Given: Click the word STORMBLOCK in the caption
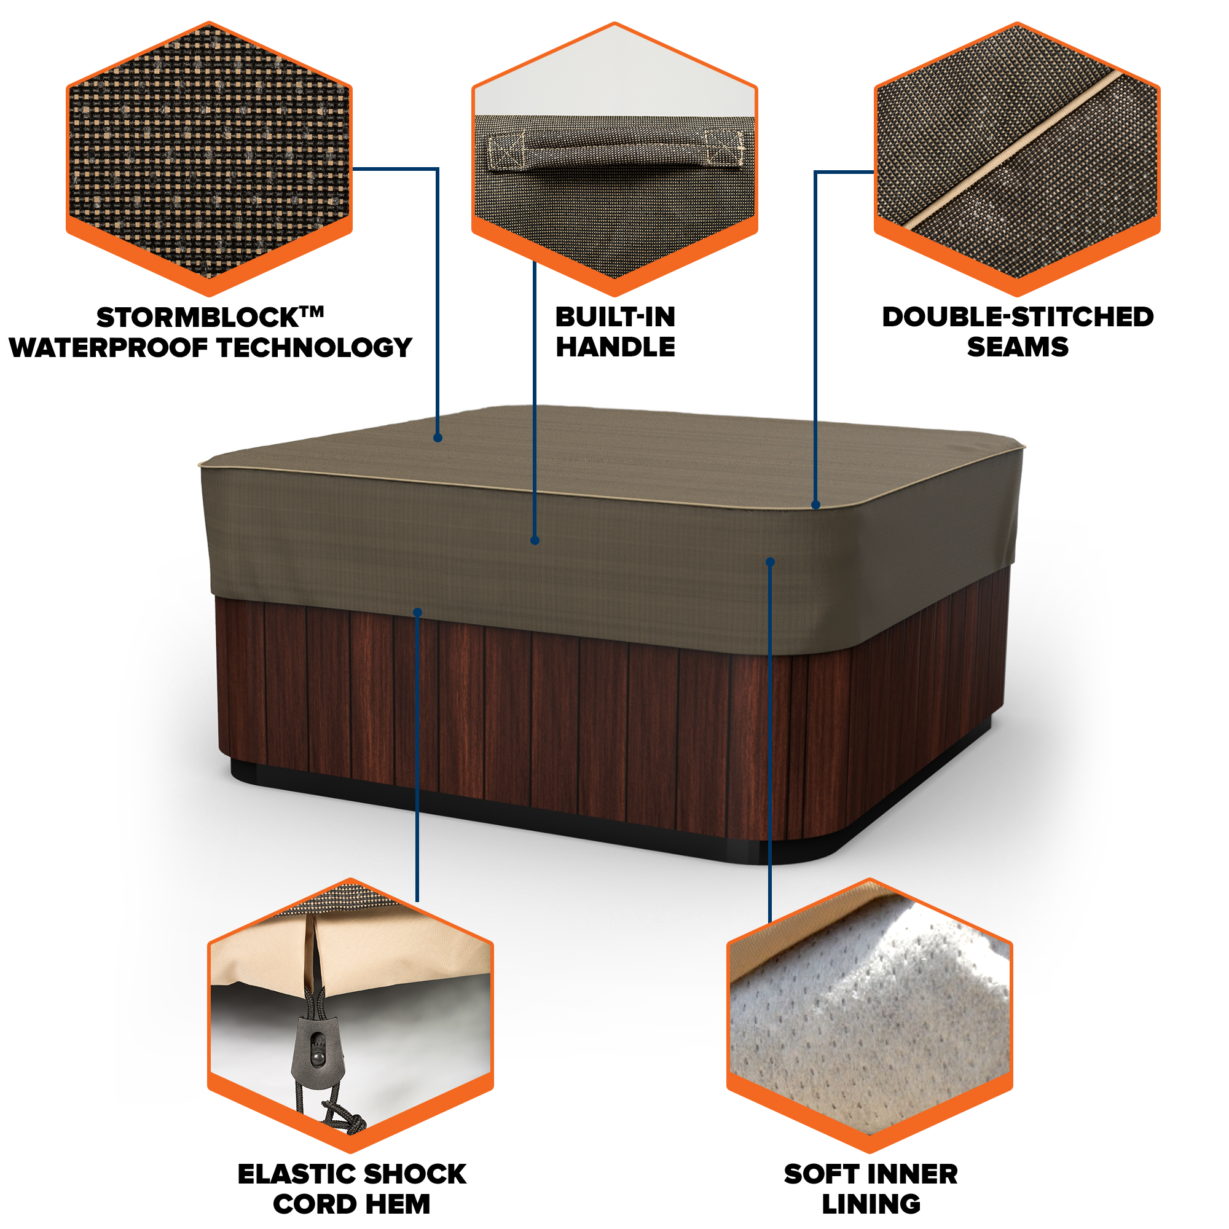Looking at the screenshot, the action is [198, 318].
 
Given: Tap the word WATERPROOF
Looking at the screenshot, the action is [109, 347].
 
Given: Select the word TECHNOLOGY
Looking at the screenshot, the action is [315, 347].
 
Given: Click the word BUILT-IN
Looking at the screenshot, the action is [615, 318].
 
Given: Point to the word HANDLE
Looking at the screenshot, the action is [615, 347].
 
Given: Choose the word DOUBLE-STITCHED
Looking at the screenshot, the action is [1018, 318].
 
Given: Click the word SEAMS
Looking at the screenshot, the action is [1018, 347].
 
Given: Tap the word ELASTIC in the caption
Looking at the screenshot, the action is [296, 1174].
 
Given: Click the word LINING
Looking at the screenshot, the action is [871, 1204].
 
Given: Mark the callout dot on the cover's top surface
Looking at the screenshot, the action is [438, 438].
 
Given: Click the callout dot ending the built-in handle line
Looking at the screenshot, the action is [535, 541].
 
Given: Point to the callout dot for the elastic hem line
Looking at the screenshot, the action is [417, 613].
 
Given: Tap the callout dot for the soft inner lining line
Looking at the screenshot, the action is [771, 562].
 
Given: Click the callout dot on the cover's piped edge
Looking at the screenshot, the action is [816, 505].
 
